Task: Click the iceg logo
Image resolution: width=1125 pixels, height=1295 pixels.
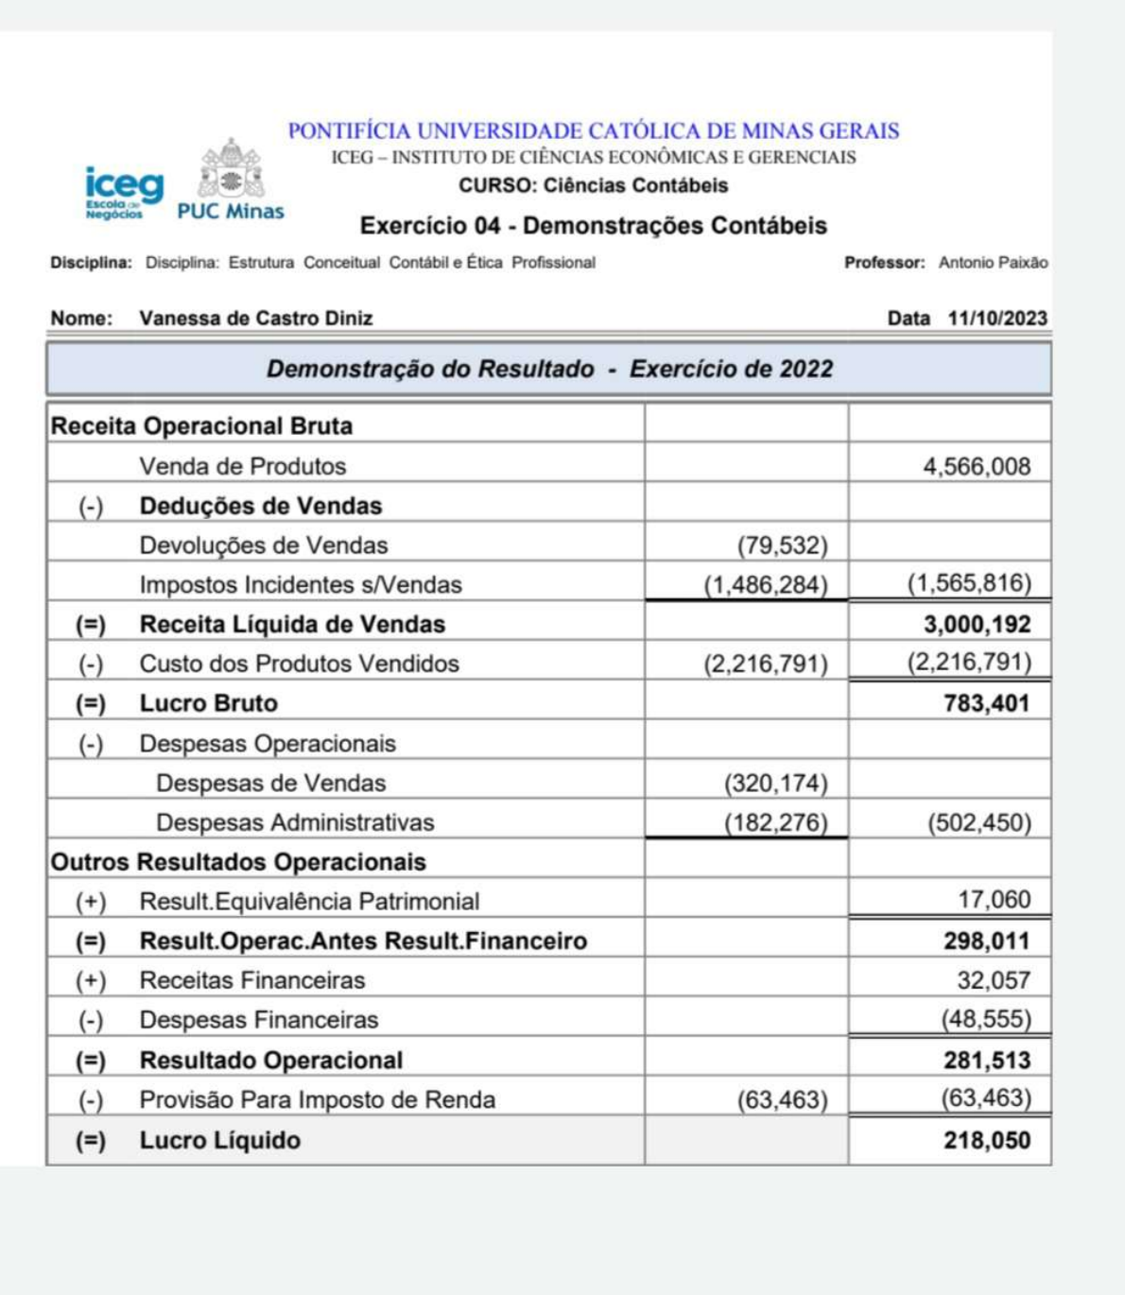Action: pos(124,192)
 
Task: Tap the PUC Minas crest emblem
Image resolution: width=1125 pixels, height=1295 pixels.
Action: pos(231,170)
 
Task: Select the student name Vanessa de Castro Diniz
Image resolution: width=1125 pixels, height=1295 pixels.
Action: pos(255,319)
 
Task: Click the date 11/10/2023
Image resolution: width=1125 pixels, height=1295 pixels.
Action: pos(997,319)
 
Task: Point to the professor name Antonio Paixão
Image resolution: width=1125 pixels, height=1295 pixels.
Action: pos(993,263)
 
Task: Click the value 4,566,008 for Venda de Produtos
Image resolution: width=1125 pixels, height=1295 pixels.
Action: pos(977,466)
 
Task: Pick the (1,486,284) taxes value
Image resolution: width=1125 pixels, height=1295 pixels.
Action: pos(765,585)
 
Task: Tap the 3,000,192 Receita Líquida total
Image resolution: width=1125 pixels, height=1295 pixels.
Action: pos(977,625)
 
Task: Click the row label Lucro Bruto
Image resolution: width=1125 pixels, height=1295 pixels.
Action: pos(209,703)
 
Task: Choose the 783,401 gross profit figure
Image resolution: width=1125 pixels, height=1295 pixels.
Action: pos(986,703)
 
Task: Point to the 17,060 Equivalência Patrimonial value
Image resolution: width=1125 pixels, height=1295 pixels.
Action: pos(994,899)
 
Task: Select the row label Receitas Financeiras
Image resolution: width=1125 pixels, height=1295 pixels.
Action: pos(251,980)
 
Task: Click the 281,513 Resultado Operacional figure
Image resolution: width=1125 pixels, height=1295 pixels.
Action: pos(986,1061)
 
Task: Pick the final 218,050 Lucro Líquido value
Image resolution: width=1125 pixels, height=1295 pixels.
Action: pos(986,1140)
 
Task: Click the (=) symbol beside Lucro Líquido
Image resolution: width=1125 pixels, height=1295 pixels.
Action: pos(91,1141)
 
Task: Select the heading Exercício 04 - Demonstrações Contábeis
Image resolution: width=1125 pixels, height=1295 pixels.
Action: pos(593,226)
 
